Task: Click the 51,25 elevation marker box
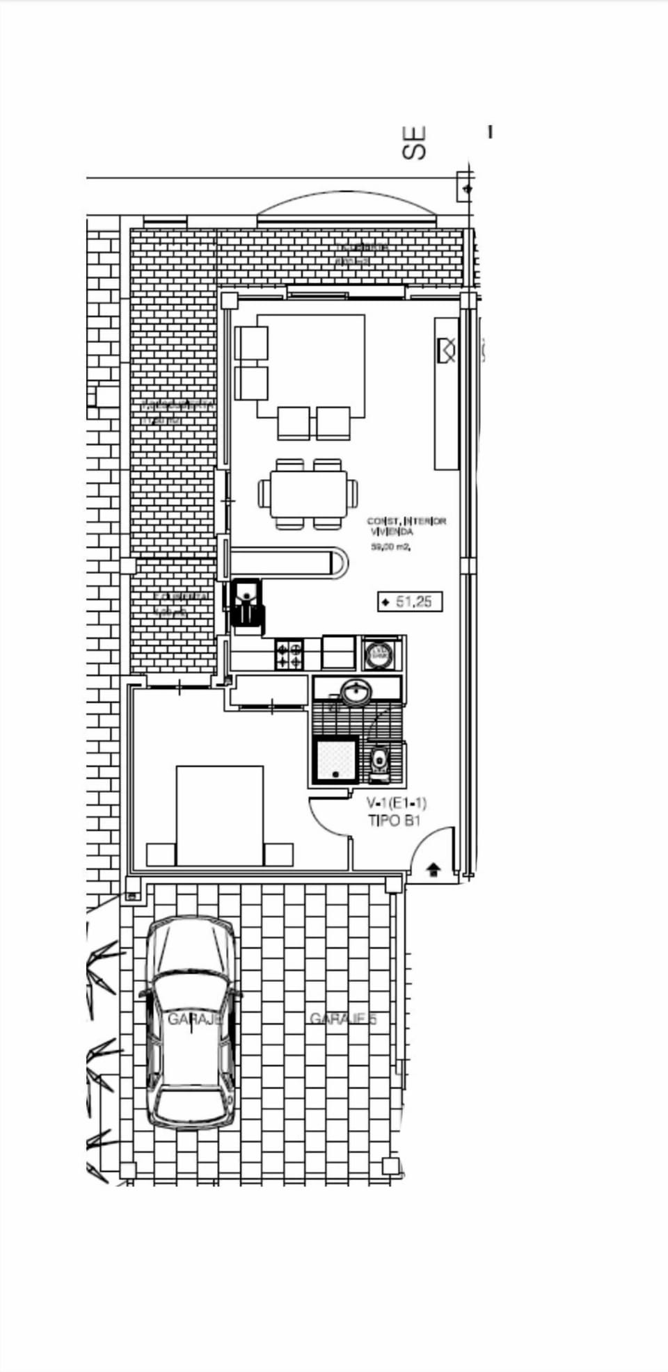click(x=411, y=602)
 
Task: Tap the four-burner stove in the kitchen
click(x=289, y=654)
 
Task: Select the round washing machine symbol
click(x=379, y=654)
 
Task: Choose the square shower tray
click(x=335, y=760)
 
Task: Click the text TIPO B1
click(x=394, y=821)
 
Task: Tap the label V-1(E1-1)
click(x=396, y=803)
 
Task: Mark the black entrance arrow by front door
click(x=433, y=869)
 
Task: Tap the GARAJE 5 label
click(x=342, y=1019)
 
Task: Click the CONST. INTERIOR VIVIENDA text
click(x=406, y=526)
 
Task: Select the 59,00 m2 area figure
click(x=390, y=547)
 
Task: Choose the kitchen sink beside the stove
click(x=338, y=652)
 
